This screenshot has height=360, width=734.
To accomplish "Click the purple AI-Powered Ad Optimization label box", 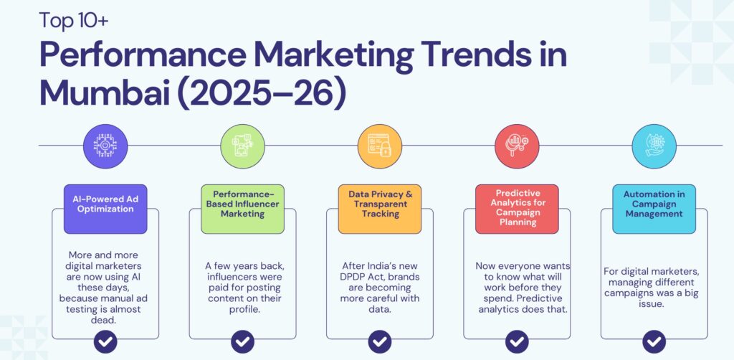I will point(105,209).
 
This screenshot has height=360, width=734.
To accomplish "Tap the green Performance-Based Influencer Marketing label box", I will point(242,209).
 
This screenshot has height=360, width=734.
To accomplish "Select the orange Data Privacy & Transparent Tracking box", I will point(379,209).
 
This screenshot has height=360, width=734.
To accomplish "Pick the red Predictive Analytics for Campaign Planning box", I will point(517,209).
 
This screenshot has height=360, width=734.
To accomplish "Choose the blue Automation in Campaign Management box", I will point(654,209).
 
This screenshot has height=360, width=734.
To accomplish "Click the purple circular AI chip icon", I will point(105,146).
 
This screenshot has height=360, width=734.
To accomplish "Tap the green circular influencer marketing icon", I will point(242,146).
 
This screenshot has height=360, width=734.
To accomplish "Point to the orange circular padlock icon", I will point(379,146).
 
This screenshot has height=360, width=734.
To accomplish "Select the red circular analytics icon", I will point(517,146).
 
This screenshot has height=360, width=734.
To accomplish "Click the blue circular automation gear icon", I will point(654,146).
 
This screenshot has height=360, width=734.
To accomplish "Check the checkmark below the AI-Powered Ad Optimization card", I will point(105,341).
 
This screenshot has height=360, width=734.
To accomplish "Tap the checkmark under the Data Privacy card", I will point(379,341).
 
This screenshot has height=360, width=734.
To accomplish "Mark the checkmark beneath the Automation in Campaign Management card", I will point(654,341).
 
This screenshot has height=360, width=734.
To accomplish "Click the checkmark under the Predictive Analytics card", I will point(517,341).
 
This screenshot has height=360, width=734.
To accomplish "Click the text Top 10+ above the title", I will point(74,20).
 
